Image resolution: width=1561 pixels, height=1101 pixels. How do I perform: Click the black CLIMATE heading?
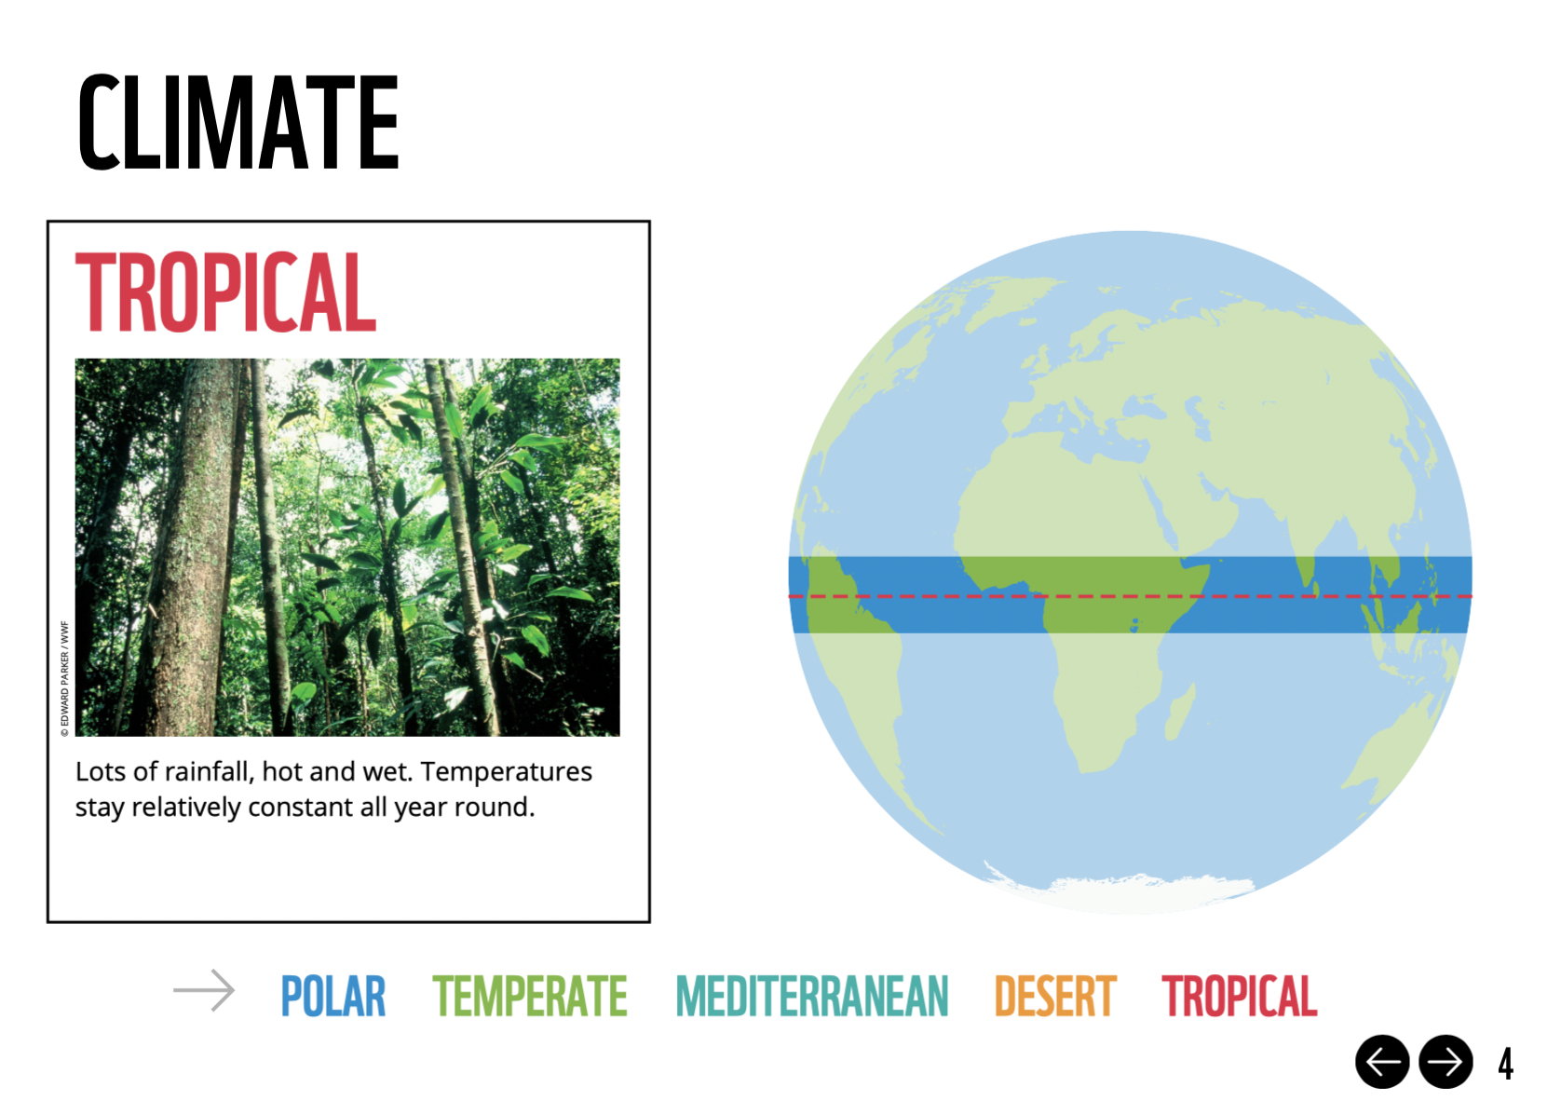(x=238, y=122)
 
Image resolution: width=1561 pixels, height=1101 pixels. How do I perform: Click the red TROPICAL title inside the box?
(x=225, y=292)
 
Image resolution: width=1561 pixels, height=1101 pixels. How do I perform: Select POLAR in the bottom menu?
(x=333, y=996)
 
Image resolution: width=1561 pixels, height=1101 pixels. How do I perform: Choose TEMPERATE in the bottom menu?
(x=530, y=996)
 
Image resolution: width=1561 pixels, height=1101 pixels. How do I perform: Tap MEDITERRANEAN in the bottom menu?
(x=812, y=996)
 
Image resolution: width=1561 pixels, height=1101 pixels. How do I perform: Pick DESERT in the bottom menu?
(x=1055, y=996)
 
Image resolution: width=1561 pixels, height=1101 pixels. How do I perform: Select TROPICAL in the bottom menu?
(x=1239, y=996)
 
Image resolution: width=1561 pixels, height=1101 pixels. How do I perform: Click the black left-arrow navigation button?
(x=1382, y=1062)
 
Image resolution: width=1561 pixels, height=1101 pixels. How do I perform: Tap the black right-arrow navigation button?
(x=1446, y=1062)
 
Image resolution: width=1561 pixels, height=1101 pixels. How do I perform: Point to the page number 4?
(x=1505, y=1064)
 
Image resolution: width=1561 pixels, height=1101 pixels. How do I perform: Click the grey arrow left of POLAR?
(x=203, y=990)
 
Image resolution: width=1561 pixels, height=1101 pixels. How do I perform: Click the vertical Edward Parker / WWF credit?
(x=65, y=679)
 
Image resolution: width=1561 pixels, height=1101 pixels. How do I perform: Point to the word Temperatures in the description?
(x=507, y=772)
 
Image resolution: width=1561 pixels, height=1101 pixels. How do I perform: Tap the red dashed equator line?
(x=1130, y=596)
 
